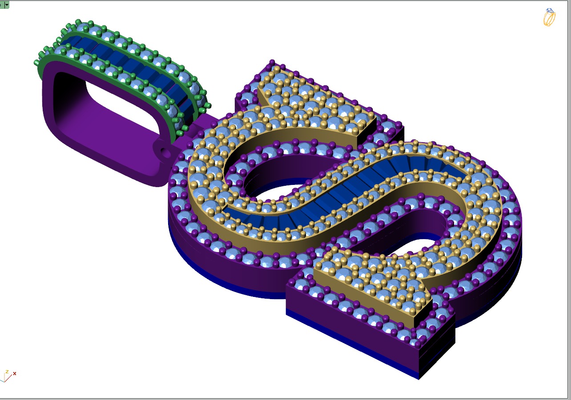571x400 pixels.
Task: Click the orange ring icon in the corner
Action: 549,17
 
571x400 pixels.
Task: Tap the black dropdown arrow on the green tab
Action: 7,4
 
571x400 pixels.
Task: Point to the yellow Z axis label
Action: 7,371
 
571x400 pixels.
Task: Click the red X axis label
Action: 15,373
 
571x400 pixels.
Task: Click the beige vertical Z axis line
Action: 5,375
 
